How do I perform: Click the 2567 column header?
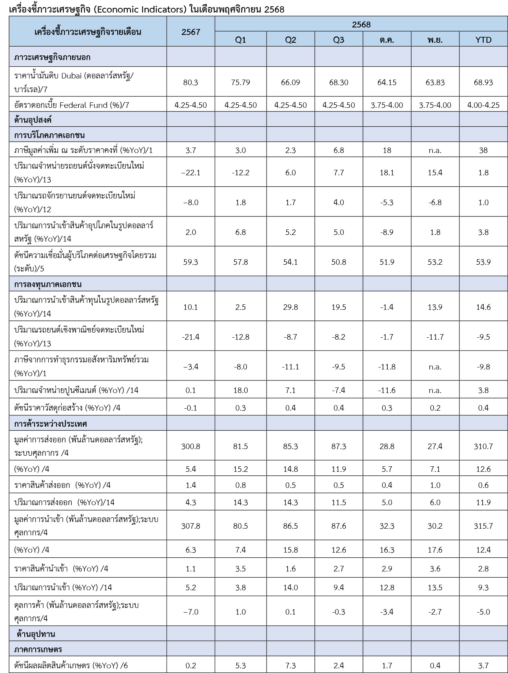tap(190, 32)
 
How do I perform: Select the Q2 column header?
tap(290, 40)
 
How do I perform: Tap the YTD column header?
tap(483, 40)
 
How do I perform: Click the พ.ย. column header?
tap(435, 40)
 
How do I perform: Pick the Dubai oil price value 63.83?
tap(435, 82)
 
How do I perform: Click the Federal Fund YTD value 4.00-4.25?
tap(483, 105)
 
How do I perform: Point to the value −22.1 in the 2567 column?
tap(190, 173)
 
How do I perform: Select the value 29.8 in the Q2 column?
tap(290, 307)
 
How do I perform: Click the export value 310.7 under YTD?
tap(483, 446)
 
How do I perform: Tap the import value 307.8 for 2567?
tap(190, 526)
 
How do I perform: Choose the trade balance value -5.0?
tap(483, 612)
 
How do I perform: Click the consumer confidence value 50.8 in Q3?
tap(338, 262)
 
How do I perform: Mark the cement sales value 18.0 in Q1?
tap(240, 390)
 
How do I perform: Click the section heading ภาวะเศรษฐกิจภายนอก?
tap(52, 57)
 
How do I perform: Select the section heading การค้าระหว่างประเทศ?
tap(51, 424)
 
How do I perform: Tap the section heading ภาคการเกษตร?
tap(38, 649)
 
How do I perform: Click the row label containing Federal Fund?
tap(71, 105)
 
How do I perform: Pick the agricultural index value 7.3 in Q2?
tap(290, 665)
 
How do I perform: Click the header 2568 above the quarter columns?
tap(361, 24)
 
